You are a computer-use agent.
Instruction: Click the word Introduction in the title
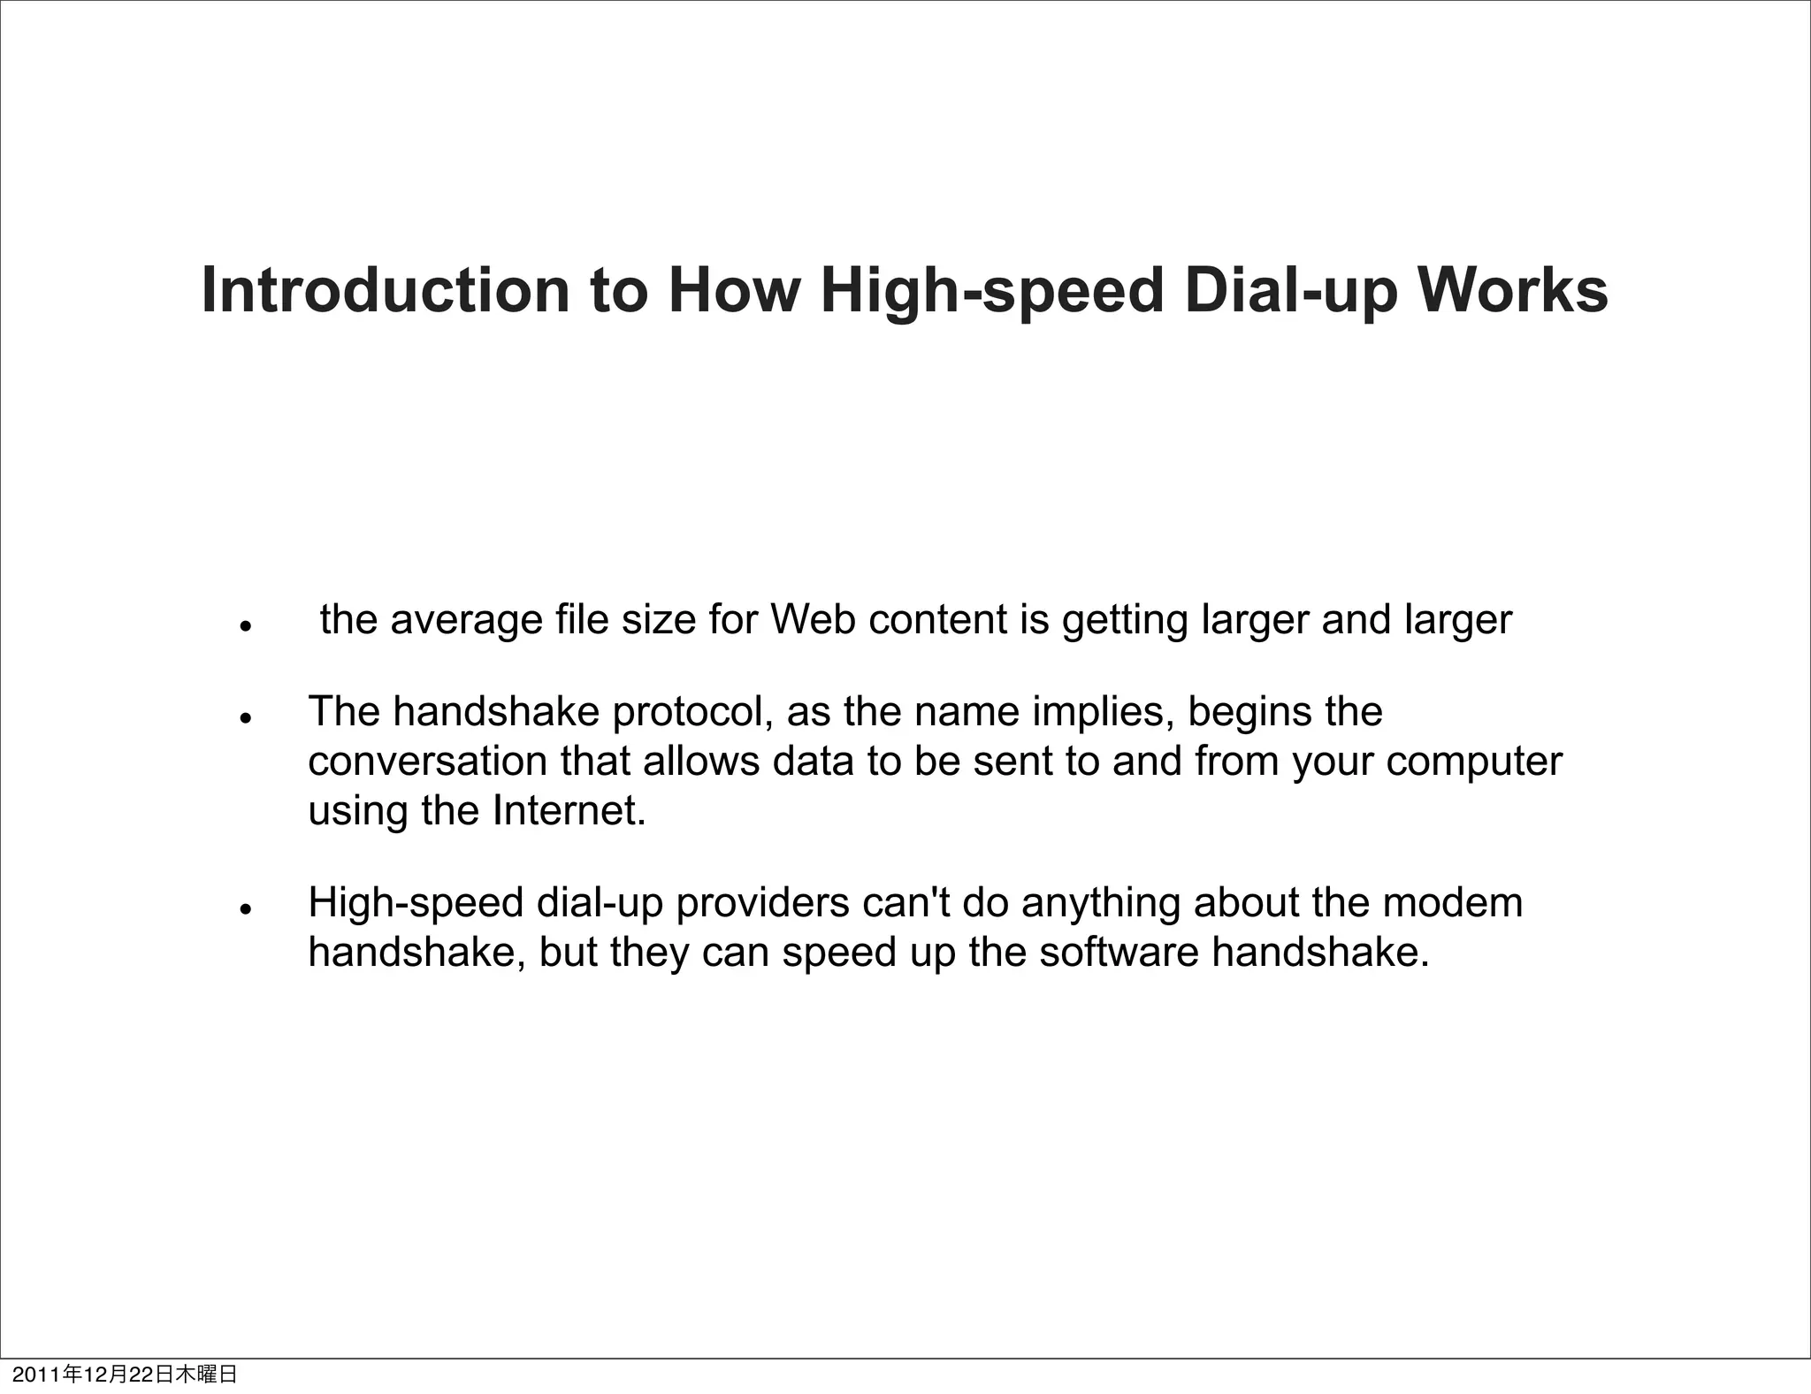click(x=386, y=290)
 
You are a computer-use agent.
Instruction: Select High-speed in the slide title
click(x=991, y=292)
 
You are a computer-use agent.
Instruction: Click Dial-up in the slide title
click(x=1291, y=292)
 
